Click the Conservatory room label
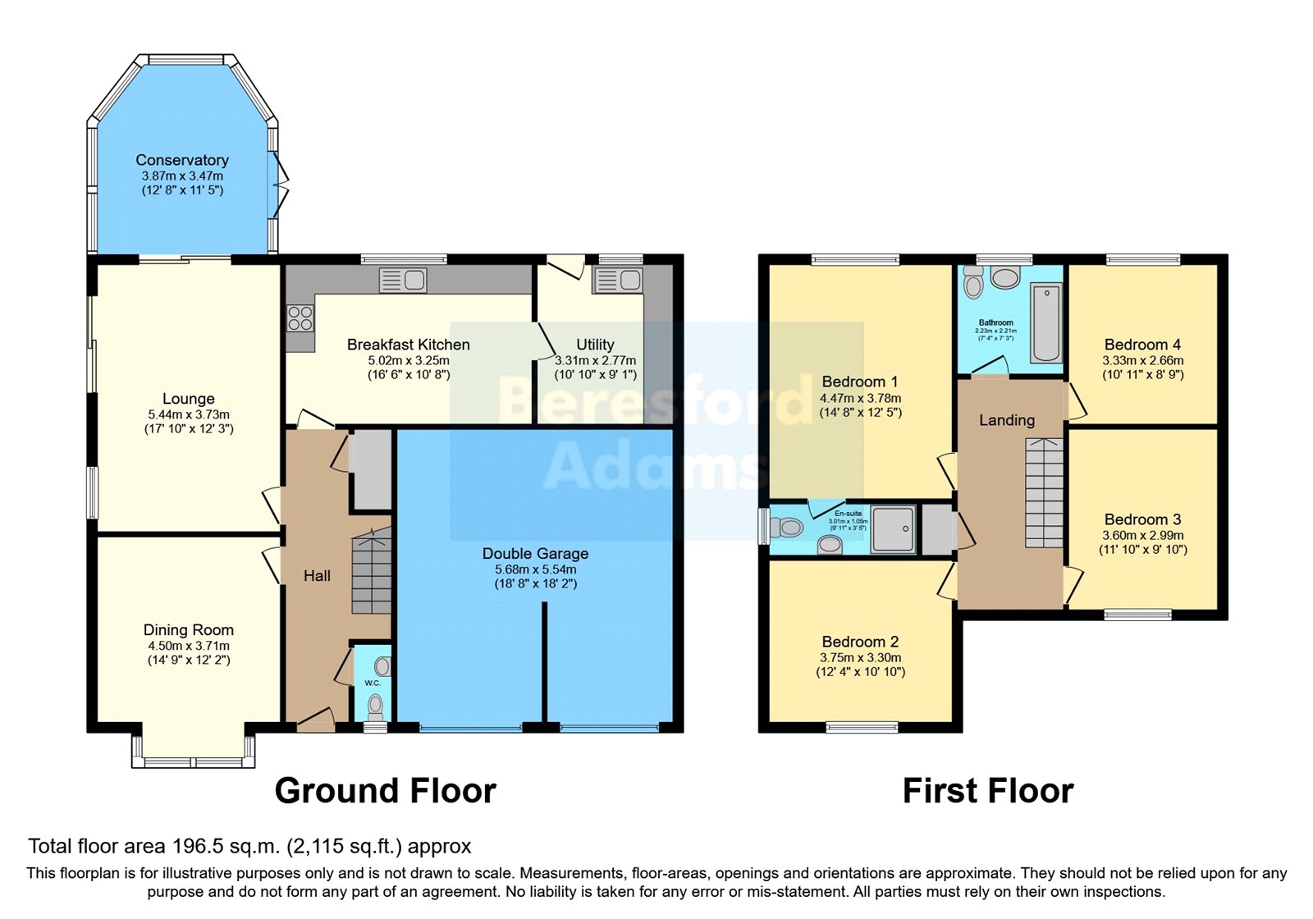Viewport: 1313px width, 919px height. [182, 160]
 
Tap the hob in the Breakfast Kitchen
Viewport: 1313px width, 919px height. [300, 318]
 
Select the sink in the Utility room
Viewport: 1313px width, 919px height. [620, 281]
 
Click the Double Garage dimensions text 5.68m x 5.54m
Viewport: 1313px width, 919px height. [535, 569]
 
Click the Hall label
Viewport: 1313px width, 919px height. [317, 576]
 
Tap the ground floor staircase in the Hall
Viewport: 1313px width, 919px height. [372, 574]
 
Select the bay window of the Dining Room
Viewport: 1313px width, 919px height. [194, 751]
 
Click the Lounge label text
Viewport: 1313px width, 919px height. [188, 399]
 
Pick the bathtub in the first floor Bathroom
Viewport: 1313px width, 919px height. [1046, 322]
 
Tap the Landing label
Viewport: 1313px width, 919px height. [1007, 420]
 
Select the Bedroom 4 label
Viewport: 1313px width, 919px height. [1142, 345]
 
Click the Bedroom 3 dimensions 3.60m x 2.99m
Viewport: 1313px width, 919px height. [1142, 535]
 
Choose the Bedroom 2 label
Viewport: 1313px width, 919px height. [860, 642]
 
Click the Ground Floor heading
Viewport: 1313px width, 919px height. [385, 791]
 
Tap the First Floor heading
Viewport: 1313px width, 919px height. [987, 791]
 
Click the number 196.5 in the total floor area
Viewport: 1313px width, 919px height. [194, 846]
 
